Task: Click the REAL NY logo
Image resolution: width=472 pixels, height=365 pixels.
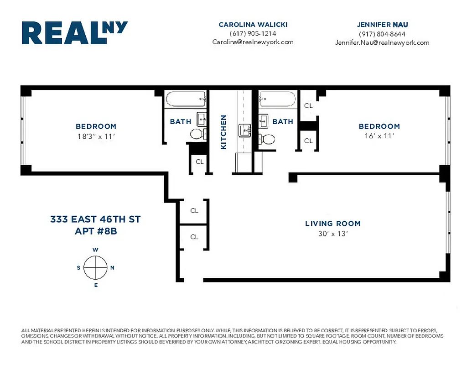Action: click(75, 33)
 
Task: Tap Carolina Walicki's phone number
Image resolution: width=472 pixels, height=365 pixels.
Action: click(253, 33)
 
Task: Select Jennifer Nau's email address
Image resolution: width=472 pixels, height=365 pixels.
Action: click(382, 42)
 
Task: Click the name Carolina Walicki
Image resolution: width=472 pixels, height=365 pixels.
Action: click(253, 25)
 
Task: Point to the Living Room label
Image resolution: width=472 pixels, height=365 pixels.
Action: click(332, 224)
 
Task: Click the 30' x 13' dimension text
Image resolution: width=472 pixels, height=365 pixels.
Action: click(332, 234)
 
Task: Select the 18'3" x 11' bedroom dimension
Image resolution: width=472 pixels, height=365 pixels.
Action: click(96, 136)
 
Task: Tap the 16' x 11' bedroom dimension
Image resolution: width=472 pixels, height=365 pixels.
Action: click(379, 136)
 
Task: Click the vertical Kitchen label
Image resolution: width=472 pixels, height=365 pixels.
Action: click(223, 132)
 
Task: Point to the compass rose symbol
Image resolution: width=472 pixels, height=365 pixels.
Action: click(96, 268)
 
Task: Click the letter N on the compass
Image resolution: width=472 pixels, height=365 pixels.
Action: click(112, 268)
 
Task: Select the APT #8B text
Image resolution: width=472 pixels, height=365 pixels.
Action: click(96, 231)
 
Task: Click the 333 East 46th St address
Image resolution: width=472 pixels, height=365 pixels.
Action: click(95, 219)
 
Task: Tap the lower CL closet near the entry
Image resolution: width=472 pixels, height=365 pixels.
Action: click(194, 237)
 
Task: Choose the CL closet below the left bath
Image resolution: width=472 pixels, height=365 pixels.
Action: click(199, 162)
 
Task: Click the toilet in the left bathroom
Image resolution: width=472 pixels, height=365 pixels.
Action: click(197, 134)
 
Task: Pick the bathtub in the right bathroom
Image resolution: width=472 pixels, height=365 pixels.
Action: click(278, 99)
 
